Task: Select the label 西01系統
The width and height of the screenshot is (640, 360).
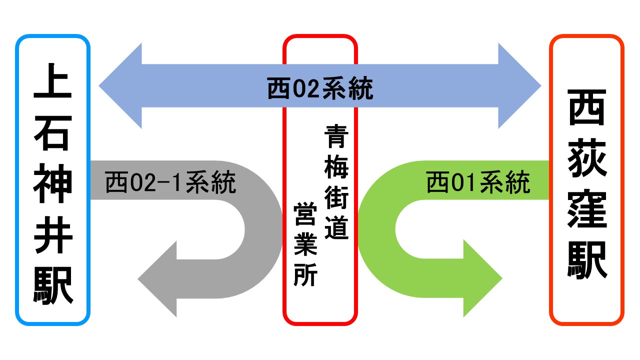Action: (x=478, y=183)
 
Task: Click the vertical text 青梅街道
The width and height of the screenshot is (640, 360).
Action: (x=336, y=182)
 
